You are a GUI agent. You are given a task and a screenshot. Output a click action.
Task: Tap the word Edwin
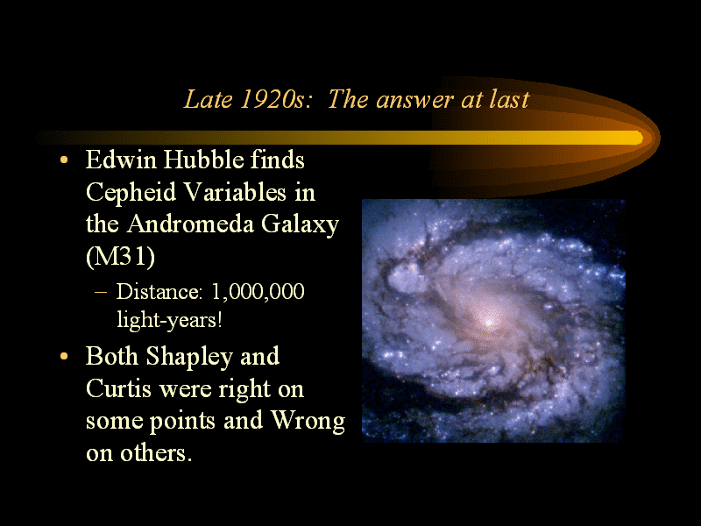click(121, 160)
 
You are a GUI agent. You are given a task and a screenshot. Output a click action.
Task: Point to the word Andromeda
click(190, 224)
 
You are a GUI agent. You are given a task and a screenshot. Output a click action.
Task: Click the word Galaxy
click(300, 224)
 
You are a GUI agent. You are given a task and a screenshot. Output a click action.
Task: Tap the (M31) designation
click(120, 257)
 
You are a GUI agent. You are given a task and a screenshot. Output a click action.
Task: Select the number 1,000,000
click(258, 292)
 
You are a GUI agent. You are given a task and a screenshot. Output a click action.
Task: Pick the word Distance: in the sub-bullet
click(159, 292)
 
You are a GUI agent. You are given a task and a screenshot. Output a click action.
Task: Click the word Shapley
click(189, 357)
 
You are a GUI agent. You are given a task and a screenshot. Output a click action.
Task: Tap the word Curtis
click(118, 387)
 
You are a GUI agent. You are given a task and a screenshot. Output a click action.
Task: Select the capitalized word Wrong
click(308, 421)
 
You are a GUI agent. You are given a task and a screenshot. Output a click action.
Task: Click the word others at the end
click(152, 452)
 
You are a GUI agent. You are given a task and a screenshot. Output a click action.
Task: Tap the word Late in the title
click(209, 99)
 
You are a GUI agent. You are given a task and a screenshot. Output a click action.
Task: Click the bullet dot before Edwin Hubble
click(64, 160)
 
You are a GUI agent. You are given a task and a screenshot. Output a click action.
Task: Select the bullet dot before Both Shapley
click(64, 357)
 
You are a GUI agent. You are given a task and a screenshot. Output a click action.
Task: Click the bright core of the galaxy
click(489, 321)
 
